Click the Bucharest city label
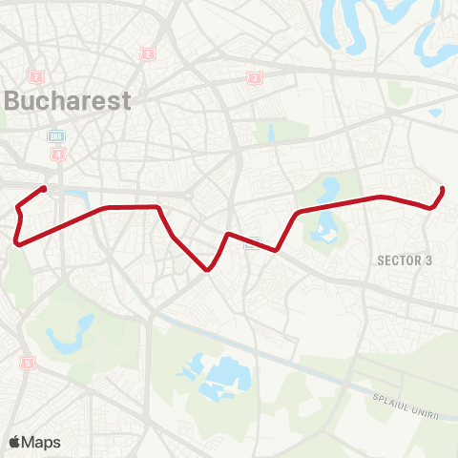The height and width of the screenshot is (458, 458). [x=67, y=101]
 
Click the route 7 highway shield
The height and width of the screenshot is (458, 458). [x=37, y=75]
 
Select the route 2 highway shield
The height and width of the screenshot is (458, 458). [x=147, y=54]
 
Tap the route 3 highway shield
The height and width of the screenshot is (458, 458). [x=254, y=78]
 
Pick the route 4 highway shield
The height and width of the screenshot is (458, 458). [x=59, y=153]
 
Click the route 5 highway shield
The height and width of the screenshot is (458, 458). [x=27, y=363]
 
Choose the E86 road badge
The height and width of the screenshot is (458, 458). [x=57, y=136]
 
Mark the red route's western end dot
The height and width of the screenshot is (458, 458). [x=44, y=189]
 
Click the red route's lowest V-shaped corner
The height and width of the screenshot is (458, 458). [x=207, y=269]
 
